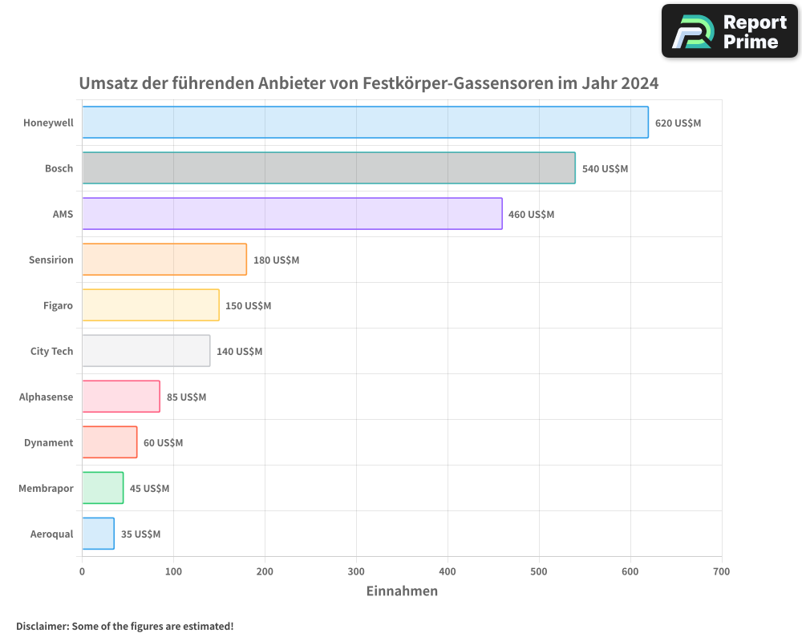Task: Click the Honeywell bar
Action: coord(365,123)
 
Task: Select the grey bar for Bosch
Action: coord(329,168)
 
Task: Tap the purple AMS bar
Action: coord(292,214)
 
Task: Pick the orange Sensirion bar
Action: coord(164,260)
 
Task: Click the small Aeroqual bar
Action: coord(98,534)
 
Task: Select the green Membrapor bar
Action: coord(103,488)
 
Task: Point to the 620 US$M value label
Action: coord(678,123)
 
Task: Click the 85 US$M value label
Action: coord(186,397)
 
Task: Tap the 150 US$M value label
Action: coord(248,306)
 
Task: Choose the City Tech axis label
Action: coord(51,352)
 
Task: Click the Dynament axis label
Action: coord(48,443)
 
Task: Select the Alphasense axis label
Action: coord(46,397)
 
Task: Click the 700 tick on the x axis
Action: coord(721,572)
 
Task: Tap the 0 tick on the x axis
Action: coord(82,572)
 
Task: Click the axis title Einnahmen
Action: coord(402,591)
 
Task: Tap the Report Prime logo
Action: coord(729,31)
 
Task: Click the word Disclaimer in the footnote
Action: coord(41,626)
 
